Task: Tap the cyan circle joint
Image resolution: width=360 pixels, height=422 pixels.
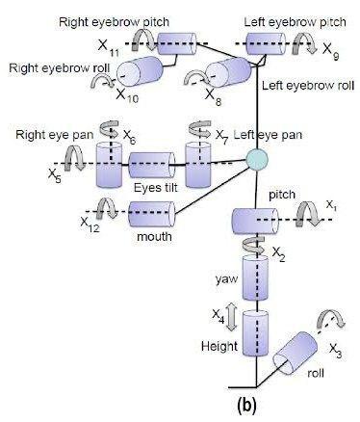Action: pyautogui.click(x=256, y=159)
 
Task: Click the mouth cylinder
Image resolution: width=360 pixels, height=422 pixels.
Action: pyautogui.click(x=151, y=213)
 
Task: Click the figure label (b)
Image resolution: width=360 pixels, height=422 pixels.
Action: pyautogui.click(x=252, y=404)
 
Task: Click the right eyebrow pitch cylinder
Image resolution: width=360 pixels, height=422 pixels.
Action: pyautogui.click(x=174, y=43)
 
